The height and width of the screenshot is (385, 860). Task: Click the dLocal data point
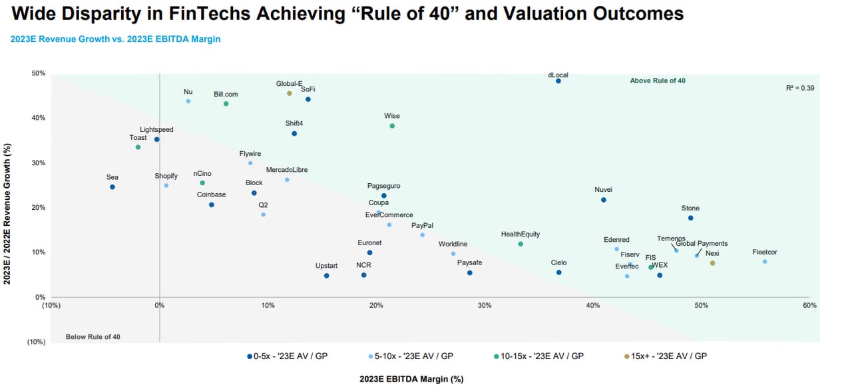click(558, 81)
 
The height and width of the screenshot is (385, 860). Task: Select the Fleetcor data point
click(765, 261)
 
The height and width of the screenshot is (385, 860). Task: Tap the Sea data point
click(112, 187)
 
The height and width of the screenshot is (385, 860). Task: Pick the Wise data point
click(392, 126)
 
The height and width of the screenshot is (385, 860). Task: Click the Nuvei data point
click(604, 200)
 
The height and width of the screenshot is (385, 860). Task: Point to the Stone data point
click(690, 218)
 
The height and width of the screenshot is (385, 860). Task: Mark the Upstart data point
click(326, 276)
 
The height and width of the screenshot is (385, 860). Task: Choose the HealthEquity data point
click(521, 244)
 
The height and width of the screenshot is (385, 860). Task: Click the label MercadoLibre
click(287, 170)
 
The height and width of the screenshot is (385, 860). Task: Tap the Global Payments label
click(702, 244)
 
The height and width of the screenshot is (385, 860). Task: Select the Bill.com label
click(226, 95)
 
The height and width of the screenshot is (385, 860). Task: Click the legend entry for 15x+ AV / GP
click(665, 356)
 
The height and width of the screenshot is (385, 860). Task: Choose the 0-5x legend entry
click(287, 356)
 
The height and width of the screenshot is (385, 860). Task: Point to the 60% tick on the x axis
click(809, 305)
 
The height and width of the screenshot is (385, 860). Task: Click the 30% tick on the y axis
click(38, 163)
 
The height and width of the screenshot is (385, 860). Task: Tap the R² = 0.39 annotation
click(800, 88)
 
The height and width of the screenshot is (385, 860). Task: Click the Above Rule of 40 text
click(658, 81)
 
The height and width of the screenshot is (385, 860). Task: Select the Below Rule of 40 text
click(93, 337)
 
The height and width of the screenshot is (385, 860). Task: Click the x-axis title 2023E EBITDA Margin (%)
click(411, 379)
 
